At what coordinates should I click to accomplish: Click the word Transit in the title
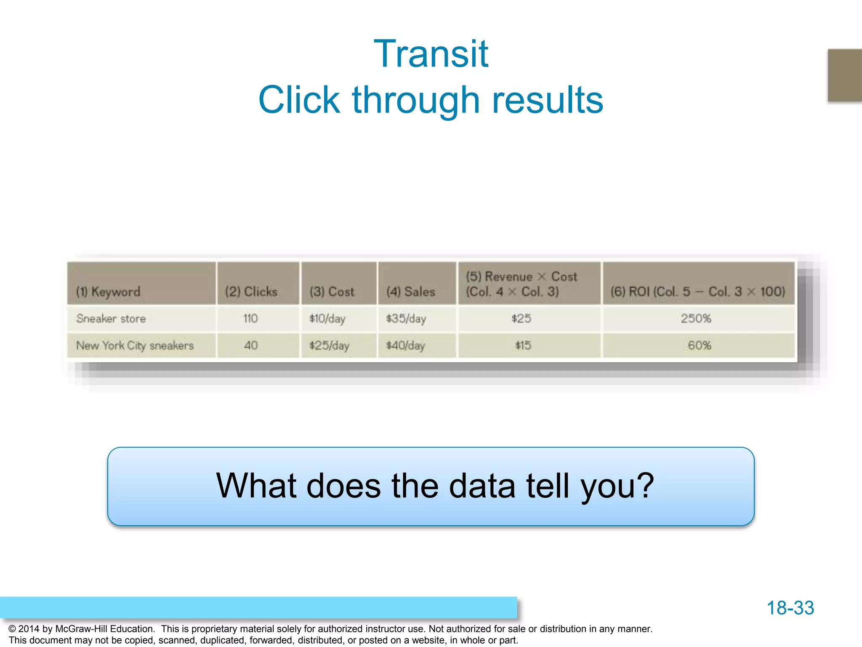point(431,54)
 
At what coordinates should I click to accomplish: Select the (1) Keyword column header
point(108,291)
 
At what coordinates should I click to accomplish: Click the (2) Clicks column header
point(251,291)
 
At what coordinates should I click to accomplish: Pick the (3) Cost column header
point(332,291)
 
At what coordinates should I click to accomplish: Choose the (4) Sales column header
point(411,291)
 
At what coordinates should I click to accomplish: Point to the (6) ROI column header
point(698,291)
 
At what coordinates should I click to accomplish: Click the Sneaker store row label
point(111,318)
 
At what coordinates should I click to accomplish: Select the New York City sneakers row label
point(135,345)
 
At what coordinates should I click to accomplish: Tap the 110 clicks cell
point(250,318)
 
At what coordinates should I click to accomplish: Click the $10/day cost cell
point(327,318)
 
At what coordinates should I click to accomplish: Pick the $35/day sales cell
point(406,318)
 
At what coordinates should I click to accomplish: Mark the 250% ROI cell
point(696,318)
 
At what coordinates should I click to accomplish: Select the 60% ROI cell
point(699,345)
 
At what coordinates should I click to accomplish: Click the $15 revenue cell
point(523,345)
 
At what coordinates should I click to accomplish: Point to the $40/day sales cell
point(406,345)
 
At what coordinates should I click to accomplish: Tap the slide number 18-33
point(790,608)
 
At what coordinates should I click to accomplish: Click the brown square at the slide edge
point(845,75)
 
